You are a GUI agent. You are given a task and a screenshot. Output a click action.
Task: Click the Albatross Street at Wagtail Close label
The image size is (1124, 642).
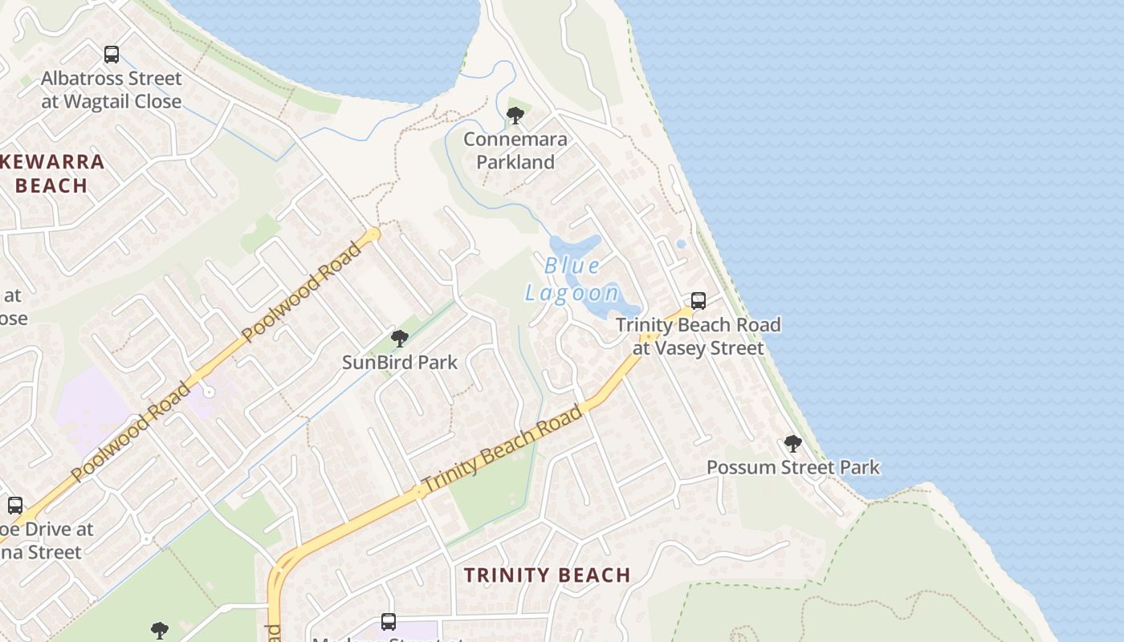[x=112, y=90]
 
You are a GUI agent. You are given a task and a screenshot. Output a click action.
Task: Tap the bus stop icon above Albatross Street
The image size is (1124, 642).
[x=112, y=55]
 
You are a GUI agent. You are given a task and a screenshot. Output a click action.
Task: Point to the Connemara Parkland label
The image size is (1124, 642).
[x=515, y=150]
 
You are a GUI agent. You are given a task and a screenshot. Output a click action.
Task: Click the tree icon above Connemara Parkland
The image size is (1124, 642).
[x=515, y=116]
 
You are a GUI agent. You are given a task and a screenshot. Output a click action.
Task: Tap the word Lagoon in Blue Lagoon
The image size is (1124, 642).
[x=572, y=293]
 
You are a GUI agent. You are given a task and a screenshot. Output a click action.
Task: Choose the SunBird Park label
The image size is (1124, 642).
[x=400, y=362]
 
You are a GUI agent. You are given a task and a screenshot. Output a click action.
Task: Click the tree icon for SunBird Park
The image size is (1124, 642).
[x=399, y=339]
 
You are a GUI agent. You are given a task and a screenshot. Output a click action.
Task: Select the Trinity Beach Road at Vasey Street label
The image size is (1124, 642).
[x=698, y=336]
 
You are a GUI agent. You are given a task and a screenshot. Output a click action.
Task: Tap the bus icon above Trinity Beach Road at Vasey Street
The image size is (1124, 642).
[x=698, y=301]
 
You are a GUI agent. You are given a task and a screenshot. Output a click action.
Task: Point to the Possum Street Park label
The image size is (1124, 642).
[x=792, y=467]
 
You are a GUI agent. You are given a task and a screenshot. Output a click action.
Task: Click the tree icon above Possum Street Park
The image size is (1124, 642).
[x=792, y=444]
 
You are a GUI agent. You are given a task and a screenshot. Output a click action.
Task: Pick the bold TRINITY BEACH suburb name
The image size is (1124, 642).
[x=548, y=575]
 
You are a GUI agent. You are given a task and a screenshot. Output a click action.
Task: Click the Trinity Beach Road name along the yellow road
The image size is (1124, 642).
[x=502, y=449]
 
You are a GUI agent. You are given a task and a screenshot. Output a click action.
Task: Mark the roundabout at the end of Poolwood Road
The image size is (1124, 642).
[x=372, y=234]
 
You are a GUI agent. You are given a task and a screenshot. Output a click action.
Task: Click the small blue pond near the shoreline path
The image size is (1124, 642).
[x=681, y=243]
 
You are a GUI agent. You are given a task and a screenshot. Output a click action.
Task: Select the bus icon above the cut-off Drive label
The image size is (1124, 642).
[x=15, y=506]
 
